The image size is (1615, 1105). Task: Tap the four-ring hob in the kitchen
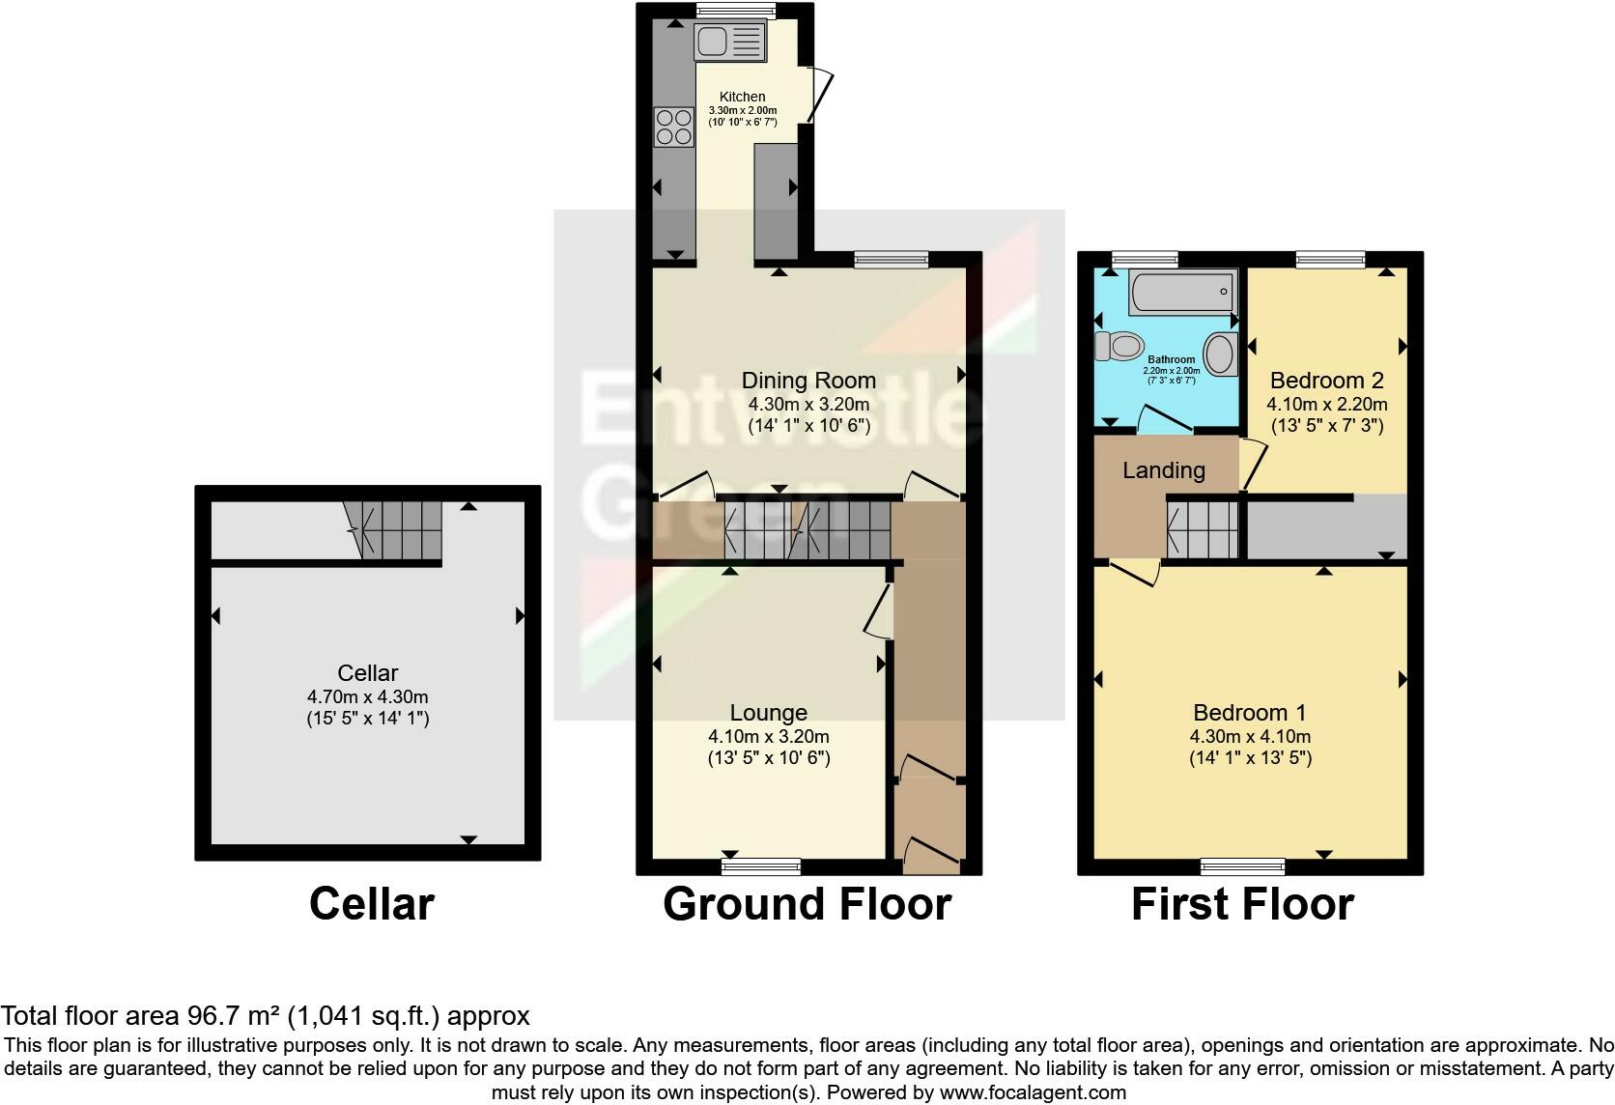(674, 127)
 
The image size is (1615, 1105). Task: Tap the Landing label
(1163, 470)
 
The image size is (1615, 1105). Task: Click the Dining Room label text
(808, 381)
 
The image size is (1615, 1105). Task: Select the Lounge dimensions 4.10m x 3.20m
(768, 736)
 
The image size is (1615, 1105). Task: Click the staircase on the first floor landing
(1203, 527)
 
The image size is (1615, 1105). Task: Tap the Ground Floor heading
(807, 905)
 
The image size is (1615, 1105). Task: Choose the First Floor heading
(1242, 905)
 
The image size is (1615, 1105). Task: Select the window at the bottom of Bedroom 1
(1242, 865)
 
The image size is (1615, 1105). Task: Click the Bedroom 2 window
(1330, 258)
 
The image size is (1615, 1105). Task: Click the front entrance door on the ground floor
(929, 856)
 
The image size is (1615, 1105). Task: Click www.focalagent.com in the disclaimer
(1033, 1093)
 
